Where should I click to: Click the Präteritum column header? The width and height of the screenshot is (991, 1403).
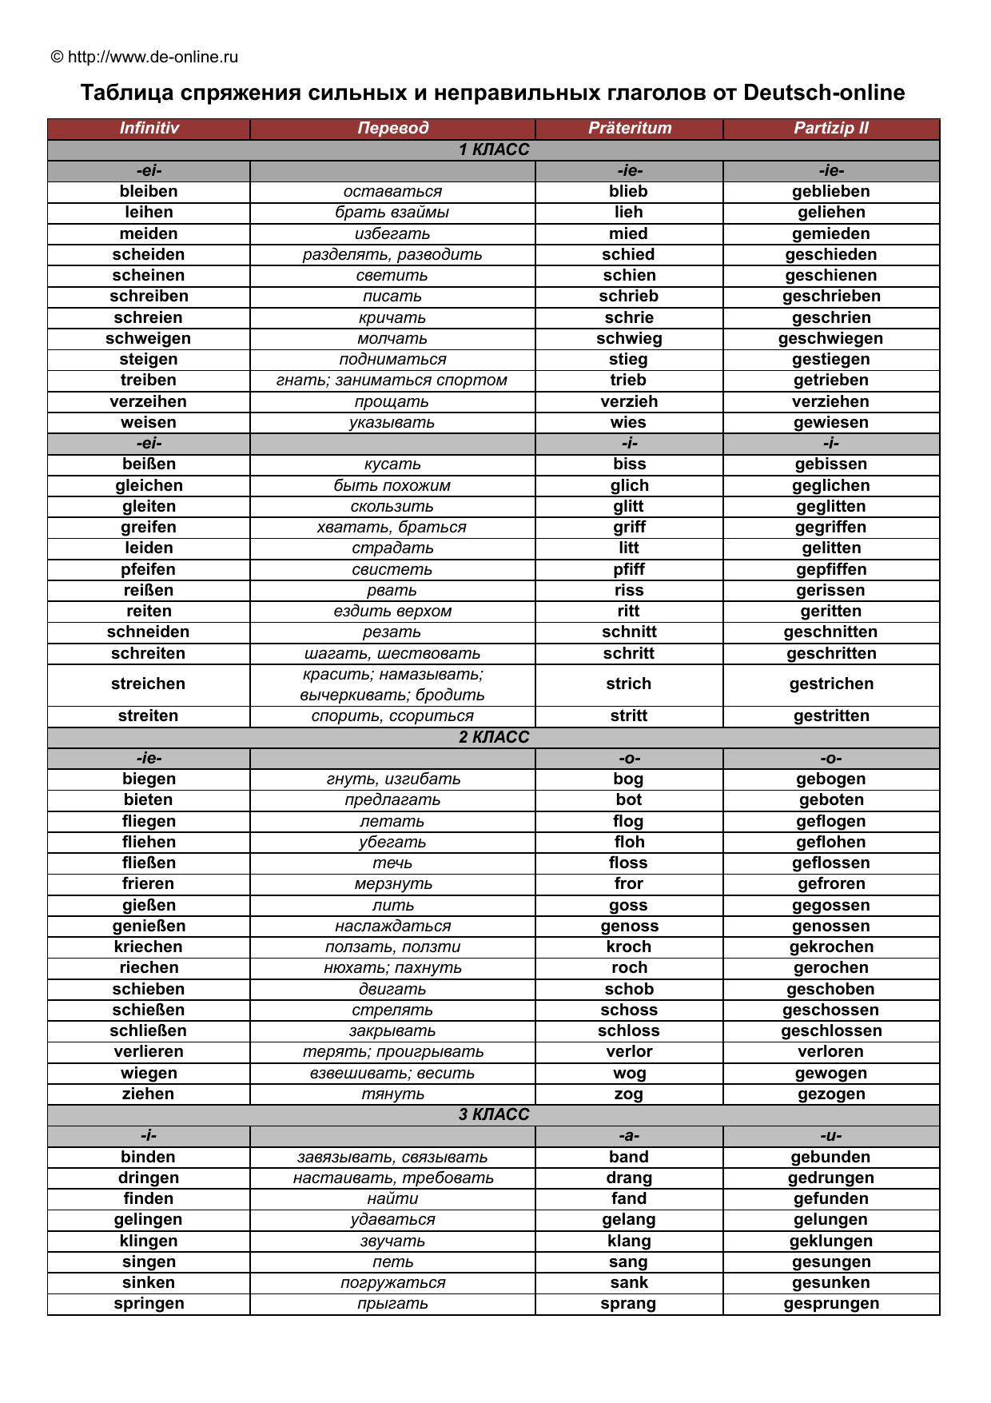pos(629,128)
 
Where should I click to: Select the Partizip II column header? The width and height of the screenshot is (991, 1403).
pos(830,128)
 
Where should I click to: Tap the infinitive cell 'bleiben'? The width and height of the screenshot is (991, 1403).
pos(149,191)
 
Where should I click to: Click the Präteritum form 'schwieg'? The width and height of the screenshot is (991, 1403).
pos(629,338)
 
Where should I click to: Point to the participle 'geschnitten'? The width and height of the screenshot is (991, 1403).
pos(830,632)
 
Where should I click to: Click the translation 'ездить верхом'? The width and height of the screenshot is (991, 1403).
pos(392,611)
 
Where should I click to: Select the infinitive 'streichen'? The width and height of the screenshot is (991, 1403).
pos(149,684)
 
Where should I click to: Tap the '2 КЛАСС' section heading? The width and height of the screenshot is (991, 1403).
pos(494,737)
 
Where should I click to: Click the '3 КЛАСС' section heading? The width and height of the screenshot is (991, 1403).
pos(494,1114)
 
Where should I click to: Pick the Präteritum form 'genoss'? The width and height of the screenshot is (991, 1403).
pos(629,926)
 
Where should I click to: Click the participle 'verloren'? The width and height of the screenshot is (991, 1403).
pos(830,1051)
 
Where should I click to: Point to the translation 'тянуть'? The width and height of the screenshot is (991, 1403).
pos(392,1094)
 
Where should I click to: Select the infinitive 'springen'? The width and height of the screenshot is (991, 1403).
pos(149,1303)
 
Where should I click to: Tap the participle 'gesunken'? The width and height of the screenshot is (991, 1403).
pos(830,1282)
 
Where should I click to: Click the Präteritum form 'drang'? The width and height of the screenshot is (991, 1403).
pos(629,1178)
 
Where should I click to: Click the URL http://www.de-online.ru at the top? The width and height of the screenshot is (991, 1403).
pos(153,57)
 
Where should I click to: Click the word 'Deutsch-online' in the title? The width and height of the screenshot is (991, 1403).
pos(824,93)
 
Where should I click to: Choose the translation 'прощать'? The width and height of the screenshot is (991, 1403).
pos(392,401)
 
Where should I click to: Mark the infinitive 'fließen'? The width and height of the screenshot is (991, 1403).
pos(149,863)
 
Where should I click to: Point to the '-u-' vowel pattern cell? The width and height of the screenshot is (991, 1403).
pos(830,1135)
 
